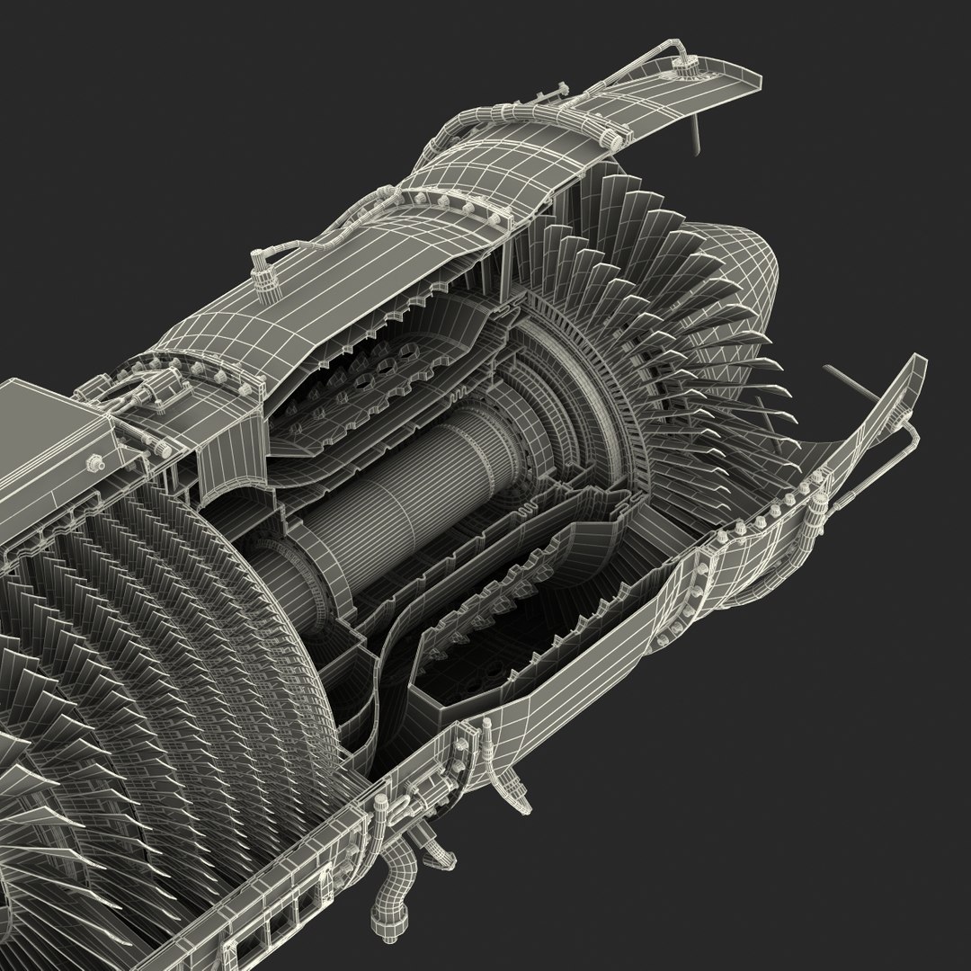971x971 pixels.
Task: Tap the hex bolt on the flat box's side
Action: [93, 462]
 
